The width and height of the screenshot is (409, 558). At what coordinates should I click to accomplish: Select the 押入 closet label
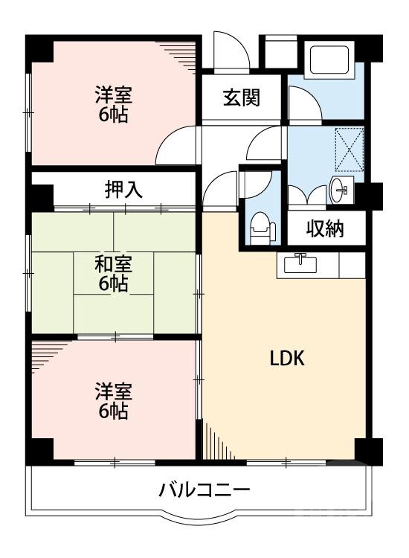pos(123,190)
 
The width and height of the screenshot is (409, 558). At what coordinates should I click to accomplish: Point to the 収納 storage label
pos(325,228)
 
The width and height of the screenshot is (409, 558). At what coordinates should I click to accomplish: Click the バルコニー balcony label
pos(203,491)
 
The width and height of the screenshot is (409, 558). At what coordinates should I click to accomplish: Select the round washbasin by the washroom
pos(341,190)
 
